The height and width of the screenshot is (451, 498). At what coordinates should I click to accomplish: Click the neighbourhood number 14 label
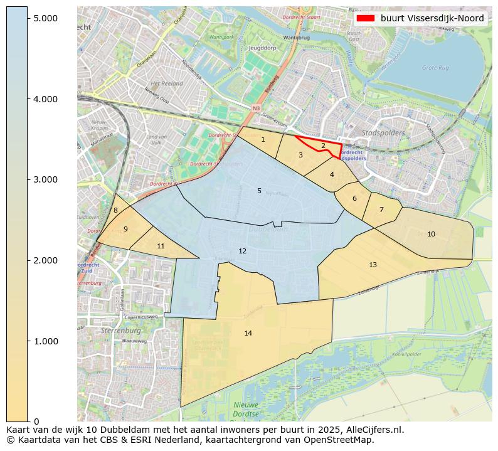pos(248,333)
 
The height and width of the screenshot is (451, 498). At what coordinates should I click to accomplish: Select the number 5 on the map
pos(259,191)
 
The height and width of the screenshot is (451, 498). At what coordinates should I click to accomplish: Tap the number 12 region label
pos(243,251)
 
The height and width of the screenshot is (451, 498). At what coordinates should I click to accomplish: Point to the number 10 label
pos(431,234)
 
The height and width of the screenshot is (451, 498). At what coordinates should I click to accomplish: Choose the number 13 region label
pos(373,265)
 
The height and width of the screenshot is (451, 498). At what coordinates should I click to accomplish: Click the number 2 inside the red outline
pos(323,146)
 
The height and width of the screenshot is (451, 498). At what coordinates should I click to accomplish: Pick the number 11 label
pos(161,246)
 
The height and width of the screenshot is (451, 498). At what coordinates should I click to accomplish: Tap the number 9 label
pos(125,229)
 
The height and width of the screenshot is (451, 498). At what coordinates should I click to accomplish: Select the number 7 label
pos(381,210)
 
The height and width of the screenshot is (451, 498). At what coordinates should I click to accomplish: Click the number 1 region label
pos(263,139)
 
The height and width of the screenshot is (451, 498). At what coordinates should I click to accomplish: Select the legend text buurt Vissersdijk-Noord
pos(432,18)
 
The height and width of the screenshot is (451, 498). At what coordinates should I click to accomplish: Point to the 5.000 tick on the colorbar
pos(45,18)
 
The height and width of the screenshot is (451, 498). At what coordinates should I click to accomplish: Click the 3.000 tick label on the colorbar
pos(45,179)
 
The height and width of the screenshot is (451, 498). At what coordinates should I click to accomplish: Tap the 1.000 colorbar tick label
pos(45,341)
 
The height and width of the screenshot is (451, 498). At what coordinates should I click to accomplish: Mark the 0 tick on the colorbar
pos(36,421)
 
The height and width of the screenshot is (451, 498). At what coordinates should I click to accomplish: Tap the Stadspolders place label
pos(383,133)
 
